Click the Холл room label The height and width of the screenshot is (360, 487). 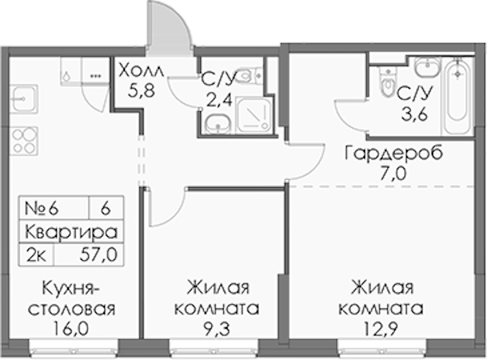coord(141,71)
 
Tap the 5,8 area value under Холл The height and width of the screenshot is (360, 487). coord(141,91)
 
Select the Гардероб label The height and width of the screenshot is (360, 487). coord(394,154)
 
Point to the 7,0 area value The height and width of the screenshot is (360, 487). coord(393,174)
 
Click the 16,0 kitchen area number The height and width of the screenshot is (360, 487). coord(71,328)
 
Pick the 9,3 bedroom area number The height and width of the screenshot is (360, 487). coord(217,328)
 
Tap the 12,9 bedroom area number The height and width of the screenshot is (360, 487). coord(381,328)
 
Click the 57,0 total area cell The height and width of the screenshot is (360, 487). coord(98,255)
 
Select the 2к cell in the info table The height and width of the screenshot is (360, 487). coord(37,255)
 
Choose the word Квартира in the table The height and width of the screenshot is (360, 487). coord(71,232)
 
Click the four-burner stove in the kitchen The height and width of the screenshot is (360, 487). coord(24,141)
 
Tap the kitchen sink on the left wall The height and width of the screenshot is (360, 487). coord(23,99)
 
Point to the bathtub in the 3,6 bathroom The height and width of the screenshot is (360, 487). coord(458,96)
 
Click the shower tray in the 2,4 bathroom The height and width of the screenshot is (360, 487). coord(253,115)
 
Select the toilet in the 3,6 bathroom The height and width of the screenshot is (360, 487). coord(388,82)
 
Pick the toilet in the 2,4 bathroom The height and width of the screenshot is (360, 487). coord(251,75)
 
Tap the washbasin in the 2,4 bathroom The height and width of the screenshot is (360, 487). coord(218,124)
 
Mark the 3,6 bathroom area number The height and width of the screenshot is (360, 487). coord(414,114)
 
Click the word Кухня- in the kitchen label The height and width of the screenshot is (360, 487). coord(71,289)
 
